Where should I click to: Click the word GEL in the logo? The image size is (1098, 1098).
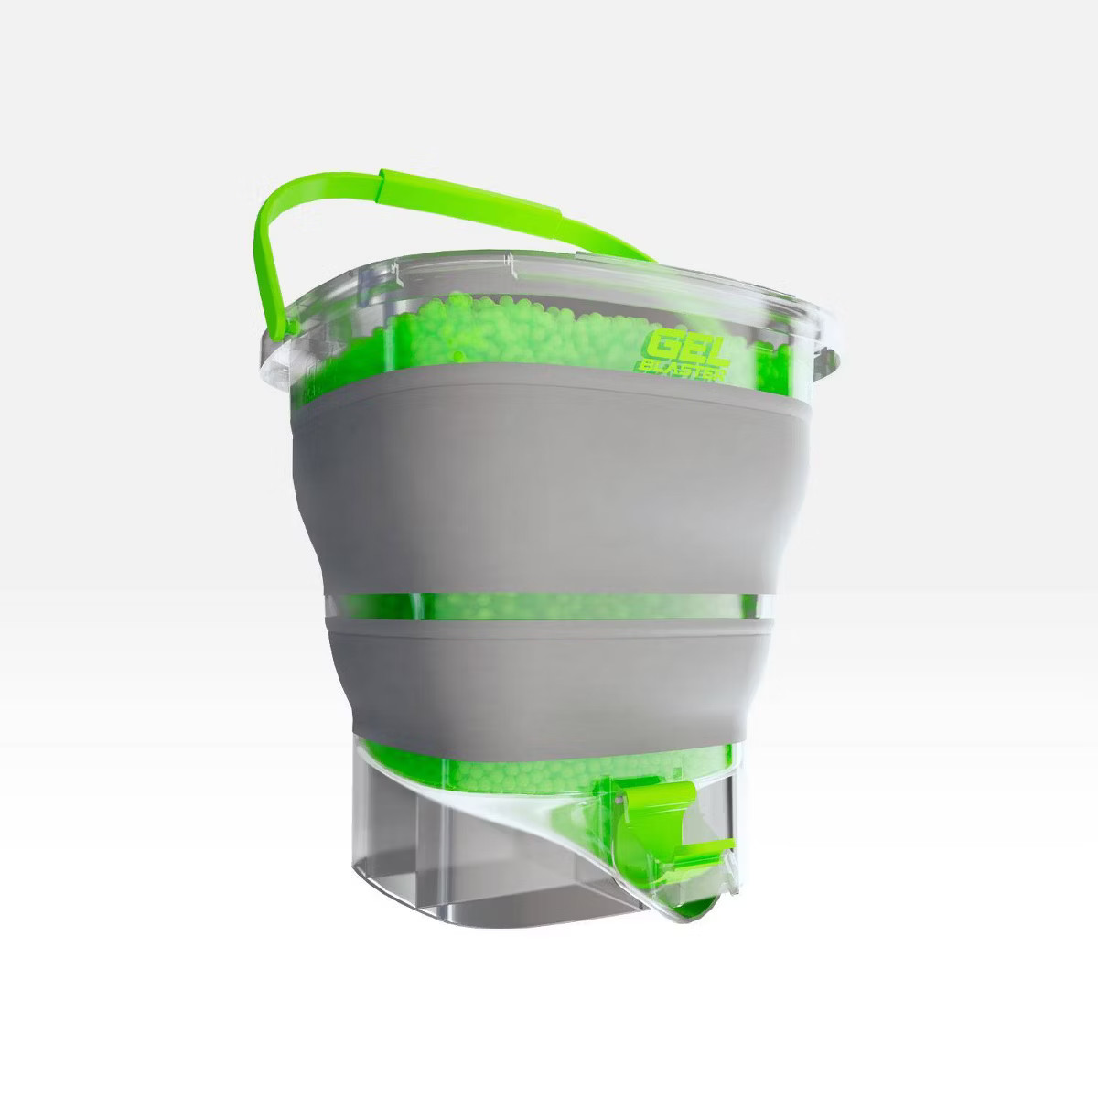pyautogui.click(x=678, y=348)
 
